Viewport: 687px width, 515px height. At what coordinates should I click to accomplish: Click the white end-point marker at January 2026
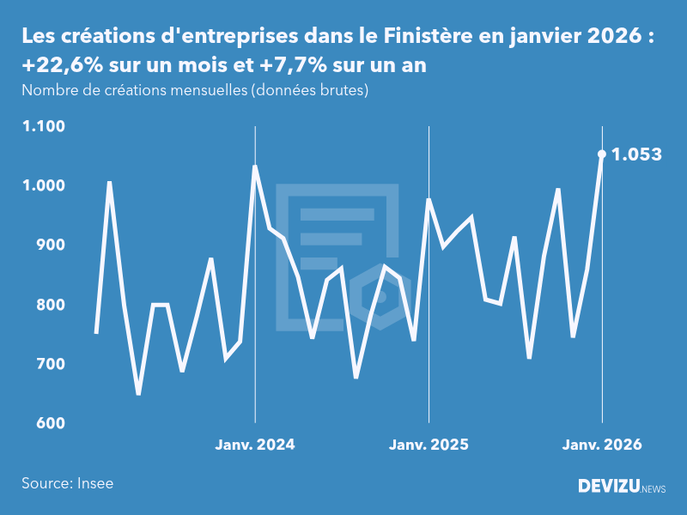tap(602, 154)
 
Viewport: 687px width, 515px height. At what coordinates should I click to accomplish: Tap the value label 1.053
tap(636, 154)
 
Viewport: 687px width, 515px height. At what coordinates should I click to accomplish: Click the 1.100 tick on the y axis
tap(44, 126)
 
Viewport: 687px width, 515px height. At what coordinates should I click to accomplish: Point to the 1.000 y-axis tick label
tap(44, 185)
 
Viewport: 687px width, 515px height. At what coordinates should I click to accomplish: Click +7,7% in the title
tap(289, 65)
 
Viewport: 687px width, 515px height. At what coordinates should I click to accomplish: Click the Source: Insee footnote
tap(68, 483)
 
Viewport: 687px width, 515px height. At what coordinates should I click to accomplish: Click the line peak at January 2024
tap(255, 167)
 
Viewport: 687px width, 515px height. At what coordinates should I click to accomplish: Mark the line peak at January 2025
tap(429, 200)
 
